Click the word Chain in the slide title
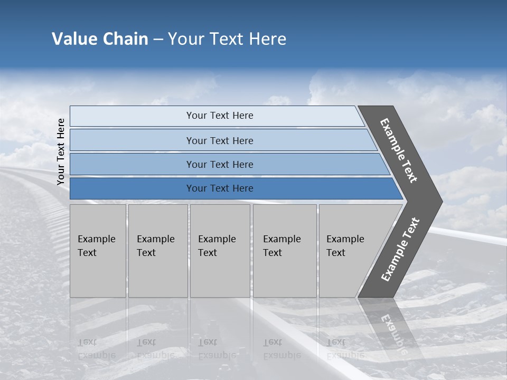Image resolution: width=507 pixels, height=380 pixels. click(x=125, y=39)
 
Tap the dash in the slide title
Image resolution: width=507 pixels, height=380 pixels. click(x=158, y=40)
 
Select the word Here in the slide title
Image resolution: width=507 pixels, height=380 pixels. click(x=267, y=39)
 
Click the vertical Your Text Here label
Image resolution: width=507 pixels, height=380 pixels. click(x=61, y=151)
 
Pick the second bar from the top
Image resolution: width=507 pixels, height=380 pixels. click(x=219, y=140)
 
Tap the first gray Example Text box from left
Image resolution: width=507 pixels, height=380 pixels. click(x=98, y=251)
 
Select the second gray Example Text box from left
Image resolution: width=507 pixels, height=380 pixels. click(x=158, y=251)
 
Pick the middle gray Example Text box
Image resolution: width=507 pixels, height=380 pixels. click(x=220, y=251)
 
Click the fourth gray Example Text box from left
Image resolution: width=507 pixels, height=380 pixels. click(x=285, y=251)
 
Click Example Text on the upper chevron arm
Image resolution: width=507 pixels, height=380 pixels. click(x=399, y=150)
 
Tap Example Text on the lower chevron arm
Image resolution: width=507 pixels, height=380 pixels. click(x=400, y=250)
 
